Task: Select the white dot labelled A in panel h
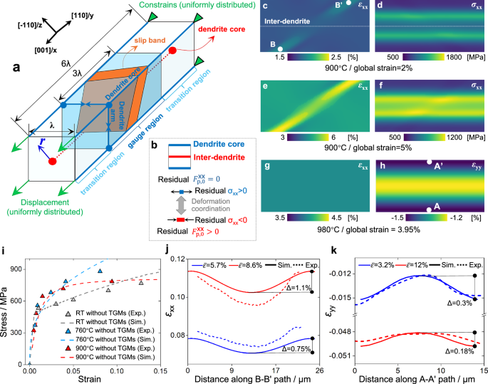[428, 209]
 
